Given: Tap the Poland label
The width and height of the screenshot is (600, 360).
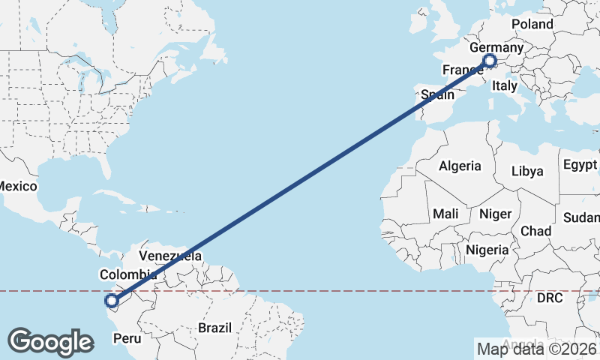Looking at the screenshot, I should click(x=532, y=24).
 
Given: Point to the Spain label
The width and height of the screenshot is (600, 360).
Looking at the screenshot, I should click(x=437, y=95).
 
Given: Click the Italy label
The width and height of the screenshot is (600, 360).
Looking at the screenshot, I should click(x=504, y=86).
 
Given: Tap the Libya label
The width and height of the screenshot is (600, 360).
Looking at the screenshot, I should click(x=526, y=171).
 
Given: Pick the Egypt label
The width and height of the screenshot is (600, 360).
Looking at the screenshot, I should click(x=580, y=165).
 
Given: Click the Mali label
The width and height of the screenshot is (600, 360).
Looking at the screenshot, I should click(x=445, y=214).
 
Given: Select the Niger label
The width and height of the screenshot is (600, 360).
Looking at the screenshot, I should click(x=494, y=214).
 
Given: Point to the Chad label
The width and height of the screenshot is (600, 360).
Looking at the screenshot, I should click(x=535, y=230).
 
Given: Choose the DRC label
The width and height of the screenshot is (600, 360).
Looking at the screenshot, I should click(x=549, y=298).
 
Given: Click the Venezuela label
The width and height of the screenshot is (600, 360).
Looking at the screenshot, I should click(x=170, y=256).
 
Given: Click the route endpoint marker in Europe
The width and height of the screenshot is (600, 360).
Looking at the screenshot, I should click(x=490, y=61).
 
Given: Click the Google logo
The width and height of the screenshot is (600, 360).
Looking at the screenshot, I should click(x=50, y=342).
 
